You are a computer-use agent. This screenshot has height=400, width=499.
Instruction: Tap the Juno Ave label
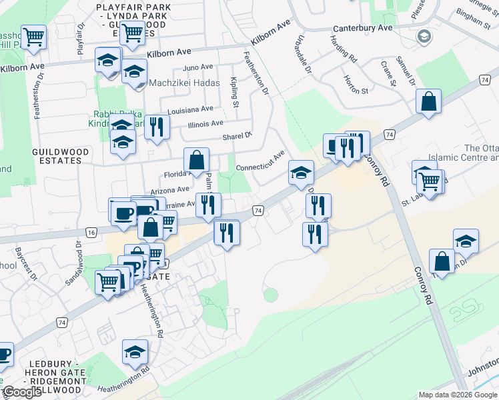point(197,67)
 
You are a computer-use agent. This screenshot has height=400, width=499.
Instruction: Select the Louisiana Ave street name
point(191,109)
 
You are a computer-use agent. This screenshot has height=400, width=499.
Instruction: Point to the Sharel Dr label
point(237,136)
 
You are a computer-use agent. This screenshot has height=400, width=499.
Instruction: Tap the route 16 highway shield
point(91,231)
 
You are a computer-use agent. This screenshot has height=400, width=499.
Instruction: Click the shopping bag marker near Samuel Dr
point(428,103)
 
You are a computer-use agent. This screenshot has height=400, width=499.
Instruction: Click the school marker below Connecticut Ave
point(302,173)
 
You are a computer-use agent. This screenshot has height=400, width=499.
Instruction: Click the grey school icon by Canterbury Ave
point(423,37)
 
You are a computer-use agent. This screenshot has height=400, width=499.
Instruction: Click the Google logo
point(22,393)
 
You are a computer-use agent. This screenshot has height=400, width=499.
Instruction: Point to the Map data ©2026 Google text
point(458,395)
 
